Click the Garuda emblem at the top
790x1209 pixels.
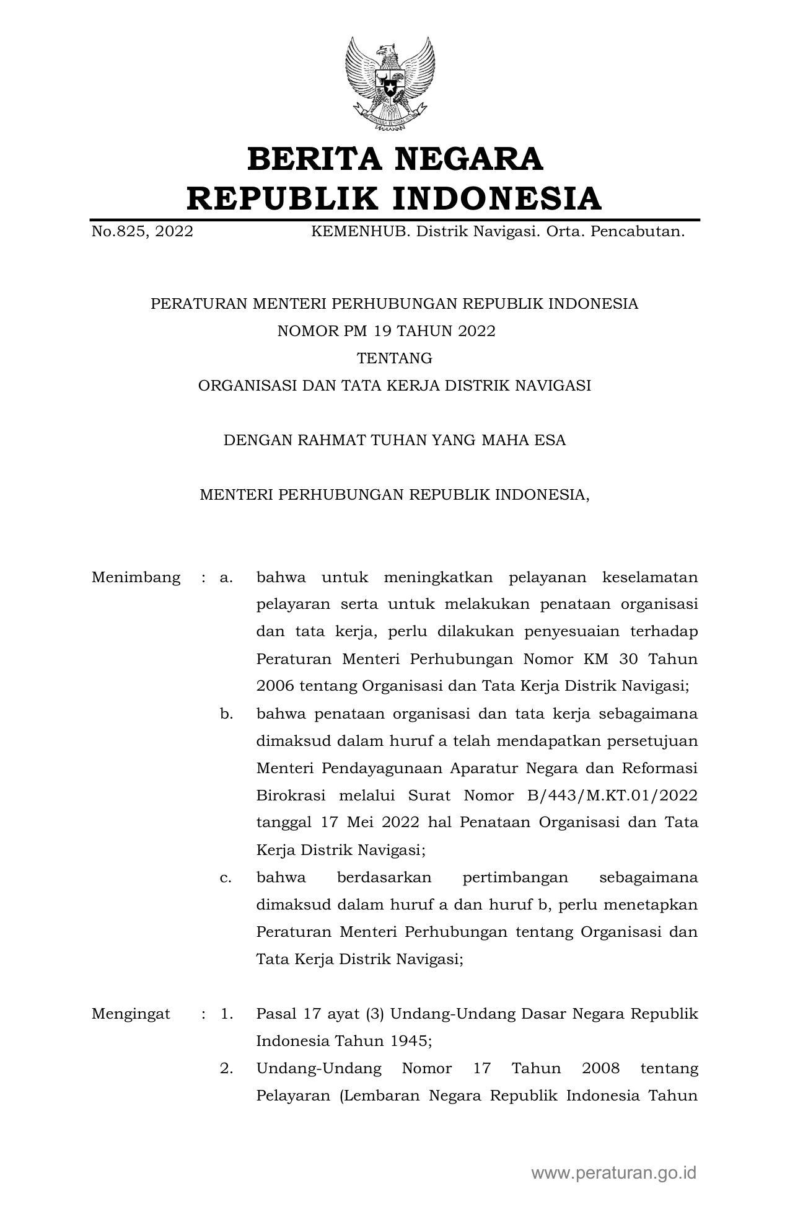click(390, 84)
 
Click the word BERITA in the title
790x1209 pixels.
click(313, 159)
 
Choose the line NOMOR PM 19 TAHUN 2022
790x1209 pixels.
click(386, 331)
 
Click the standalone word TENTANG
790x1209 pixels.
click(394, 358)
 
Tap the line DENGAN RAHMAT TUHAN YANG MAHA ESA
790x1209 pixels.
click(394, 440)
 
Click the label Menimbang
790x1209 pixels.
click(136, 578)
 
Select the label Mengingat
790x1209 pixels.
click(131, 1014)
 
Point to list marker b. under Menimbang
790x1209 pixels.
click(226, 714)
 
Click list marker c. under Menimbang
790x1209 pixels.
click(226, 878)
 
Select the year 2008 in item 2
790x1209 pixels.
click(601, 1069)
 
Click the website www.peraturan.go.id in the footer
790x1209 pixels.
click(613, 1173)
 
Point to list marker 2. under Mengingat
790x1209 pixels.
click(226, 1069)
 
